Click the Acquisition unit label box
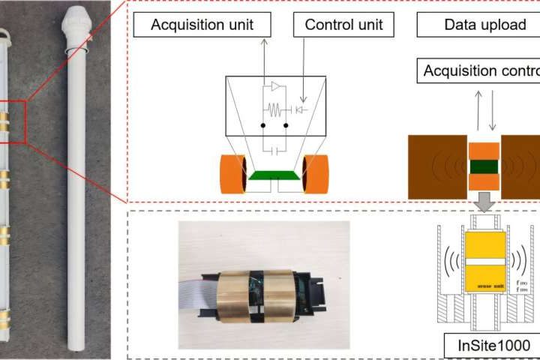pyautogui.click(x=202, y=25)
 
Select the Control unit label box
pyautogui.click(x=343, y=25)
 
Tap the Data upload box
pyautogui.click(x=485, y=25)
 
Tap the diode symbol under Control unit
pyautogui.click(x=301, y=109)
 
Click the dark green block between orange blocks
pyautogui.click(x=483, y=166)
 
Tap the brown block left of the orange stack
pyautogui.click(x=435, y=166)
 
